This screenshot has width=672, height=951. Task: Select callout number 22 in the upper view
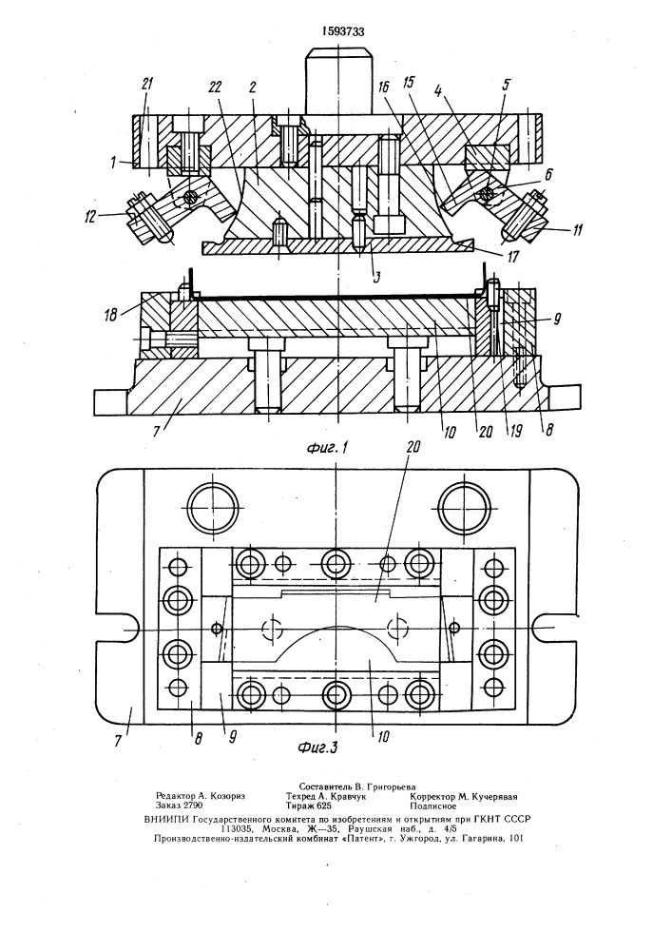pos(217,85)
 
